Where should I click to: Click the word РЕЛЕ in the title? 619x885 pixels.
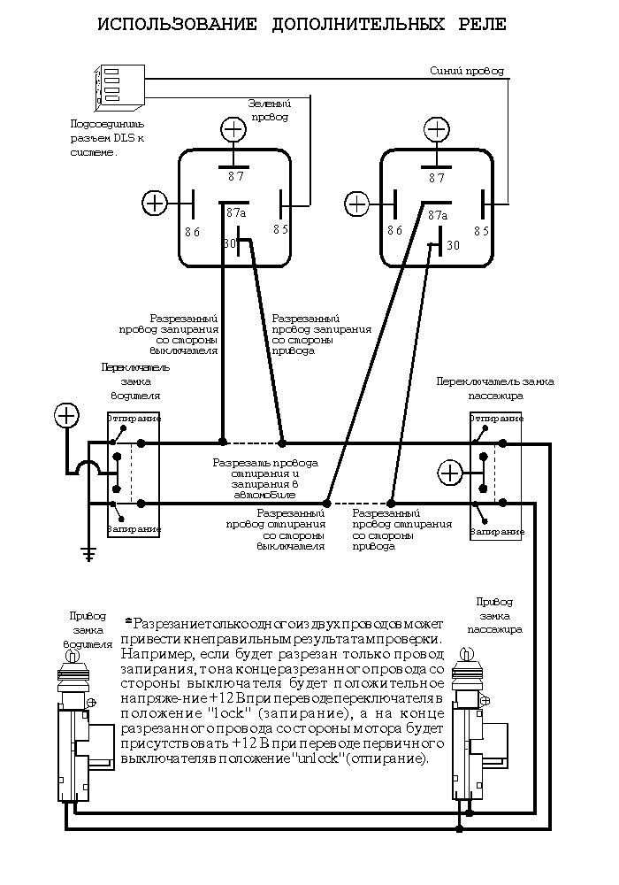click(x=476, y=24)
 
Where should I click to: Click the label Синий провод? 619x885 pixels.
click(x=466, y=71)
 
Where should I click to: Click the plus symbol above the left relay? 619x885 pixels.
click(x=233, y=131)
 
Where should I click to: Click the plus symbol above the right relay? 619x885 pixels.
click(x=436, y=131)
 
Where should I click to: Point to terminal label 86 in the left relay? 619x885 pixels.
click(x=193, y=231)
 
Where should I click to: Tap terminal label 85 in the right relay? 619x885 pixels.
click(x=482, y=231)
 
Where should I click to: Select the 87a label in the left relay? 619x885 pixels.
click(x=236, y=213)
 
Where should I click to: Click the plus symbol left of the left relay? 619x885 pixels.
click(x=155, y=203)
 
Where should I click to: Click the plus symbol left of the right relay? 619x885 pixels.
click(x=356, y=203)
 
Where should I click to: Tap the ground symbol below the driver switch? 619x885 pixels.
click(x=88, y=554)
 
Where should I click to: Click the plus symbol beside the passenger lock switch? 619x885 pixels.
click(x=451, y=472)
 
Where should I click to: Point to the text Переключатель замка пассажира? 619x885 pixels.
click(x=495, y=388)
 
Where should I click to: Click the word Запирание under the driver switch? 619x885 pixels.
click(x=134, y=528)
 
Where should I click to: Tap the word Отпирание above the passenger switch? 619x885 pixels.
click(x=495, y=418)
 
